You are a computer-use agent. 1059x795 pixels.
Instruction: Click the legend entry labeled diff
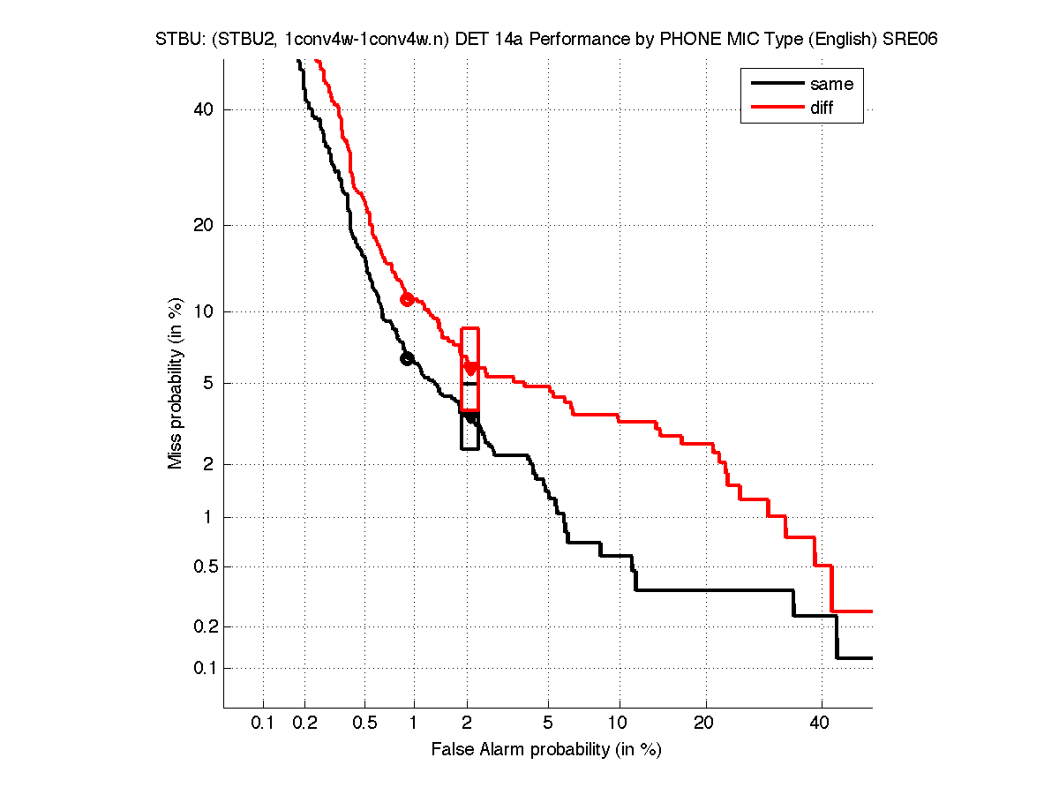click(821, 108)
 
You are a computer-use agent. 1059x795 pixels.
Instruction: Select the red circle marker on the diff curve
click(407, 299)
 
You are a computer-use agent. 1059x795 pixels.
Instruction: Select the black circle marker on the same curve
click(407, 358)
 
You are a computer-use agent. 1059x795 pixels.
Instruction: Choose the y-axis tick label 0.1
click(204, 668)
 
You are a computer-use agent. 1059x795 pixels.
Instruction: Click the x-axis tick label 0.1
click(264, 724)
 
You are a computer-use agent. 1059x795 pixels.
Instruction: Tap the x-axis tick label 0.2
click(305, 724)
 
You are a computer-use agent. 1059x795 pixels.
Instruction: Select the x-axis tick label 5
click(548, 724)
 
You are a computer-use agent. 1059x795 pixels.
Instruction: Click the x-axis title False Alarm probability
click(546, 750)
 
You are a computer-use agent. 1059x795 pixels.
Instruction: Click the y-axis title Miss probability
click(176, 384)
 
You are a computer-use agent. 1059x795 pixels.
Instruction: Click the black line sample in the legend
click(776, 85)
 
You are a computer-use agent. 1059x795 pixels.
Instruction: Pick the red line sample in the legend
click(776, 108)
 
